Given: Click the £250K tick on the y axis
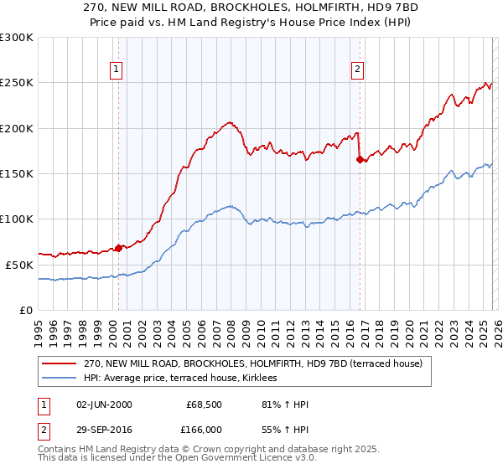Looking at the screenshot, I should click(x=17, y=83).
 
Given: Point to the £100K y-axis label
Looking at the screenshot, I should click(x=17, y=219).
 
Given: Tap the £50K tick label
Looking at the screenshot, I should click(x=19, y=264).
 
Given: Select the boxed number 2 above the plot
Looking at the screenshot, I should click(x=357, y=70).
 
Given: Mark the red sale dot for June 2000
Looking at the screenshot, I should click(x=119, y=247).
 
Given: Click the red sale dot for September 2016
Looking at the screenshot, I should click(x=360, y=159).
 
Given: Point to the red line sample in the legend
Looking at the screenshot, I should click(x=59, y=363).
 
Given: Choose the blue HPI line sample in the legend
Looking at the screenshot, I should click(x=59, y=379).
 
